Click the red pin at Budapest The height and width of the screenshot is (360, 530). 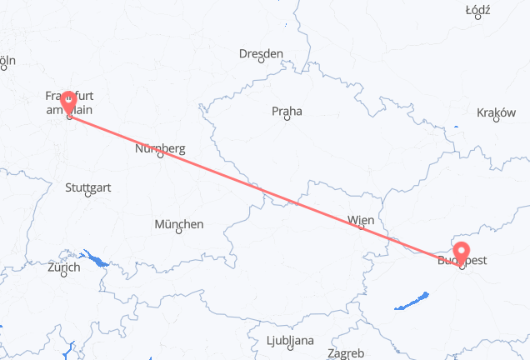(x=462, y=251)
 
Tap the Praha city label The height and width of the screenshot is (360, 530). (x=286, y=110)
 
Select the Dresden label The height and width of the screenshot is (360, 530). (x=261, y=53)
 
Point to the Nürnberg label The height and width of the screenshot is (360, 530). (x=160, y=148)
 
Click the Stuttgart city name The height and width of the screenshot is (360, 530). (x=87, y=187)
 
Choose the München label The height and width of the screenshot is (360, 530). (x=179, y=224)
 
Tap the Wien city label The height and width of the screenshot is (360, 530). (x=361, y=220)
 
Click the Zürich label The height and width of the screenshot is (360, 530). (x=64, y=267)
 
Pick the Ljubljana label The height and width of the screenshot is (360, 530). (x=291, y=340)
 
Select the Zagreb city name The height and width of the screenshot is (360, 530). (x=345, y=353)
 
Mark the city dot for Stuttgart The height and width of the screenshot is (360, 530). (x=88, y=196)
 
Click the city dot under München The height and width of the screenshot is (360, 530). (x=179, y=232)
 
